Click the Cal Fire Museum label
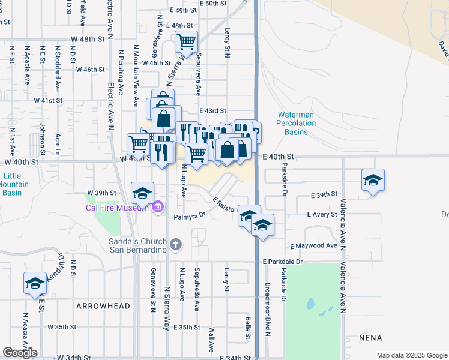[116, 208]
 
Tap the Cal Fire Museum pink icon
[158, 208]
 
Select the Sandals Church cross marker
[175, 244]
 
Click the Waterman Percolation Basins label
[296, 123]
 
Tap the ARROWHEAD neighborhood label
[103, 306]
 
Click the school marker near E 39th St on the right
[373, 179]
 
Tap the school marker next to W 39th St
[142, 193]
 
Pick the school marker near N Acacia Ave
[35, 283]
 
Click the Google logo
[20, 353]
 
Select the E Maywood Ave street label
[313, 246]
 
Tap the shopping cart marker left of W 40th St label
[138, 143]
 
